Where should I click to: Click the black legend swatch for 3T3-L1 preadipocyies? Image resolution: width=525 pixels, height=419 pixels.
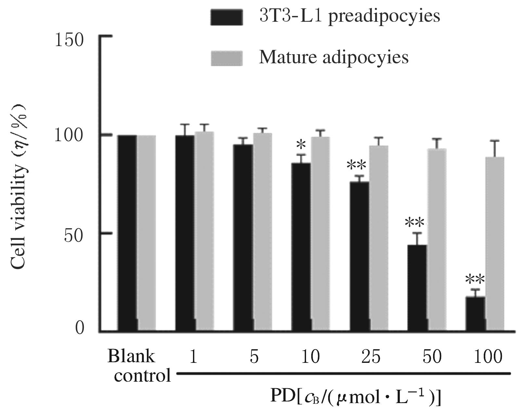tap(226, 17)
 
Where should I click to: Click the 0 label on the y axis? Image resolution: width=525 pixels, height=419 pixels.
tap(80, 328)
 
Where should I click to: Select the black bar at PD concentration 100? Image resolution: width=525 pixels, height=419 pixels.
tap(475, 314)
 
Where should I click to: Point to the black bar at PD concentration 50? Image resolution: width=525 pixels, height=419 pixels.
tap(417, 288)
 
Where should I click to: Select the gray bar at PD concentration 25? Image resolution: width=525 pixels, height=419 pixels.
tap(378, 239)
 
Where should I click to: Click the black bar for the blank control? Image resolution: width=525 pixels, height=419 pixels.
tap(127, 233)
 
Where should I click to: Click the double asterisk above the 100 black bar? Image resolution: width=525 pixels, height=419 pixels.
tap(475, 279)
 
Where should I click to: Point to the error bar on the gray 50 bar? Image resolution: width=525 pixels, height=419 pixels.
tap(437, 143)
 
